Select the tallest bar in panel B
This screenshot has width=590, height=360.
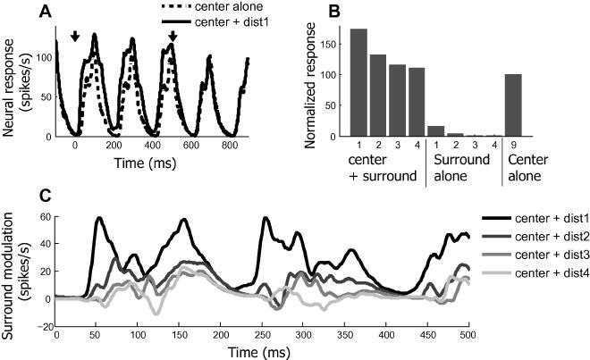tap(358, 83)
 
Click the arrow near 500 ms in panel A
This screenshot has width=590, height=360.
tap(173, 37)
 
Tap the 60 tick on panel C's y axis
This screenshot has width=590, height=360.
tap(45, 218)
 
